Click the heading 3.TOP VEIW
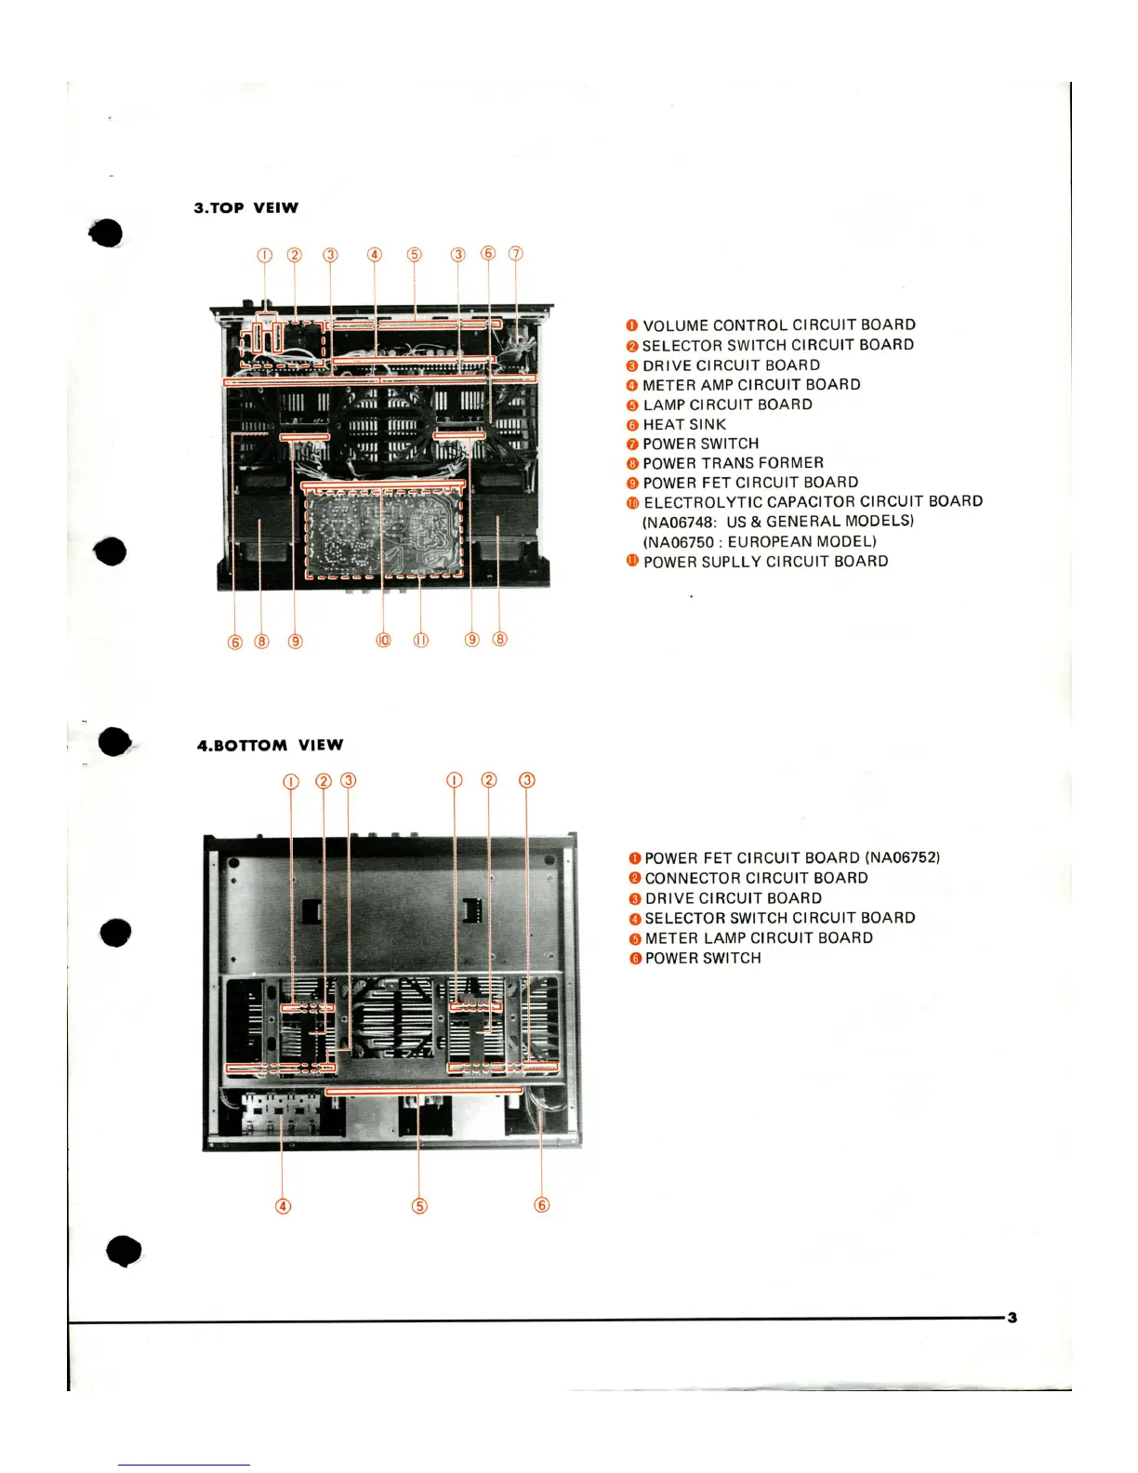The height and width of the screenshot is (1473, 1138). point(245,207)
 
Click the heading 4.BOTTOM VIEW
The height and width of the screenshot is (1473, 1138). point(270,745)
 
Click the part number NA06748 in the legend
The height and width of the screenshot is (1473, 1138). point(678,522)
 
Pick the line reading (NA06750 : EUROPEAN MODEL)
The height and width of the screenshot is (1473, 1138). point(759,541)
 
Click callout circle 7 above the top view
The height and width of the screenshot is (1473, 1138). point(516,254)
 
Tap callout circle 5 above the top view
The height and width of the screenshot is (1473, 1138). point(415,255)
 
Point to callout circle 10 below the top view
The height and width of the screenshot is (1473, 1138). point(383,640)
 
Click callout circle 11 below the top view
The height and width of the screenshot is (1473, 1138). point(421,640)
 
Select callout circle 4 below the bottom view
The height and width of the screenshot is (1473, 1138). point(284,1206)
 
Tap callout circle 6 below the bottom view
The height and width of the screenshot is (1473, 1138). point(542,1205)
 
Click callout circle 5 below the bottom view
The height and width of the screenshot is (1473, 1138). point(419,1206)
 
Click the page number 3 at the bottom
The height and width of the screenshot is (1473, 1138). point(1012,1317)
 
